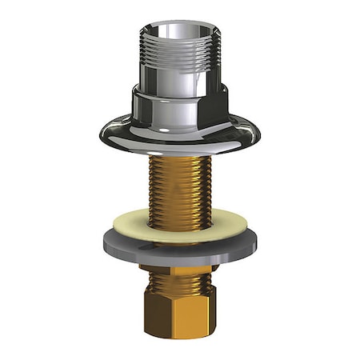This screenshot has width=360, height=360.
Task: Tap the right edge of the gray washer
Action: coord(257,238)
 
